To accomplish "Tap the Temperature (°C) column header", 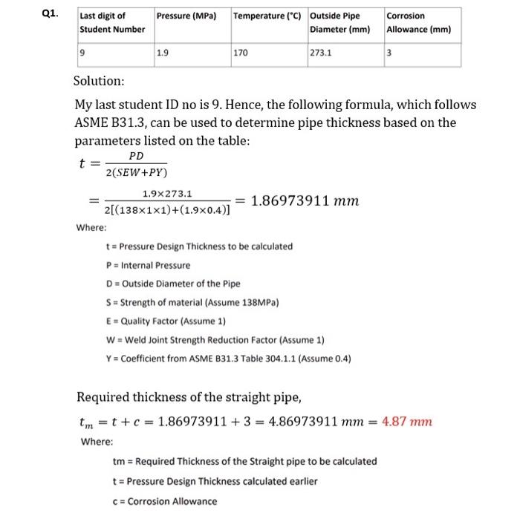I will (x=268, y=16).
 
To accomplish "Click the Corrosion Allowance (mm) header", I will (x=419, y=22).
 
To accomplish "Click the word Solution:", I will (x=100, y=80).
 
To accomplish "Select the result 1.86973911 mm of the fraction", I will (x=306, y=200).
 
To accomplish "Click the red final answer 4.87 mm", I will (x=406, y=422).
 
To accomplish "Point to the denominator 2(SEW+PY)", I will (x=137, y=173).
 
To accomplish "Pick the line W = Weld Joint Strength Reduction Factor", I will (x=216, y=340).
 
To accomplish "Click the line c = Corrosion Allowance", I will (x=165, y=500).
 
